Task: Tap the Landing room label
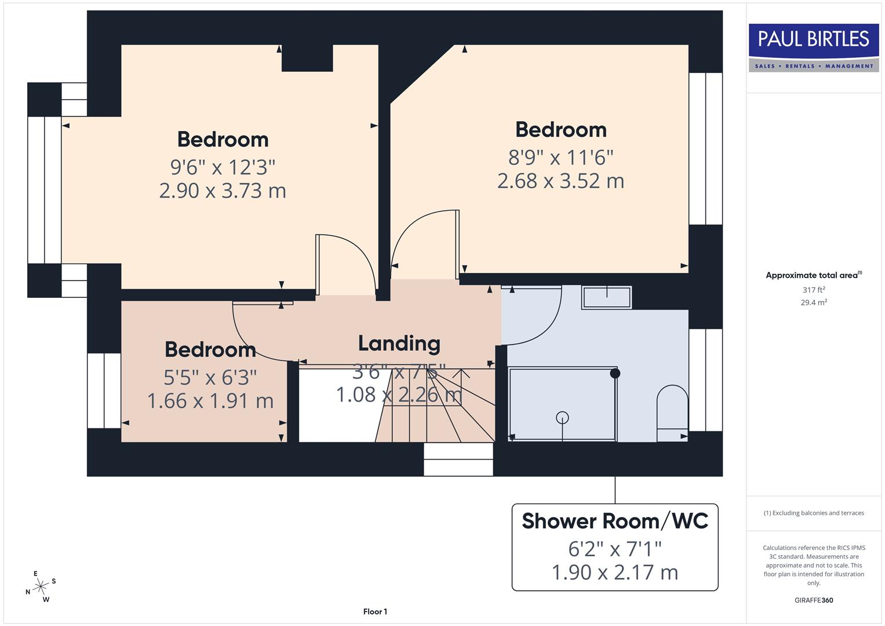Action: click(399, 344)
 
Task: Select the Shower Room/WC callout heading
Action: click(615, 521)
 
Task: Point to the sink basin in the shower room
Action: click(606, 297)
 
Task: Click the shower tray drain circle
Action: click(562, 417)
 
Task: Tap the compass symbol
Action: click(41, 587)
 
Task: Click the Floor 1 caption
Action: click(375, 612)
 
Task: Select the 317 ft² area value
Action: click(813, 290)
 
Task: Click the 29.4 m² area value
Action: click(813, 303)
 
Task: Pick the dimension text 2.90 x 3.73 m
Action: click(223, 191)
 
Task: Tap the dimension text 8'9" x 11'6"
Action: click(560, 157)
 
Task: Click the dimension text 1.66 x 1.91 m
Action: click(210, 401)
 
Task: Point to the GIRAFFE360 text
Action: click(813, 600)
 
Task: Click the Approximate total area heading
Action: click(813, 275)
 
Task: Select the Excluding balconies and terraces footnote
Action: click(813, 513)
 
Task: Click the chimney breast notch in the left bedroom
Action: click(307, 58)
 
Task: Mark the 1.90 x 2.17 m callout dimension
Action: click(615, 573)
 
